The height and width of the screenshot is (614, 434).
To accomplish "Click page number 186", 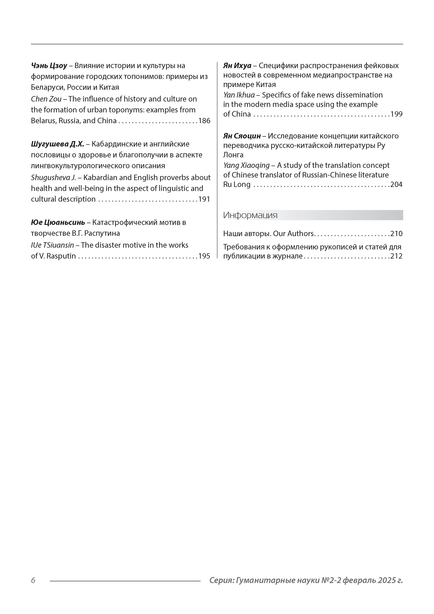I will (x=204, y=121).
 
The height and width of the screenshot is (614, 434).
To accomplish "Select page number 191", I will (x=204, y=199).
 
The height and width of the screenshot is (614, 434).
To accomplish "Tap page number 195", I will (x=204, y=256).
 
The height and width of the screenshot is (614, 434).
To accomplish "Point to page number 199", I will (x=397, y=114).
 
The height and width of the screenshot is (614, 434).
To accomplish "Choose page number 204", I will (x=397, y=184).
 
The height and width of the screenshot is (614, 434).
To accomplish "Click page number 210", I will (x=397, y=234).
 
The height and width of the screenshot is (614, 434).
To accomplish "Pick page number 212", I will (x=397, y=256).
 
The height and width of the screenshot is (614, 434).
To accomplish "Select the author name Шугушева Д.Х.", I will (x=58, y=144).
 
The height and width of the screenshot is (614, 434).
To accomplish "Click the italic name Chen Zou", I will (x=46, y=99).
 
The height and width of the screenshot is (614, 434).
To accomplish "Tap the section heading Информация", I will (x=250, y=215).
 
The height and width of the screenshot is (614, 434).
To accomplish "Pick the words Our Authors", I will (x=293, y=234).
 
